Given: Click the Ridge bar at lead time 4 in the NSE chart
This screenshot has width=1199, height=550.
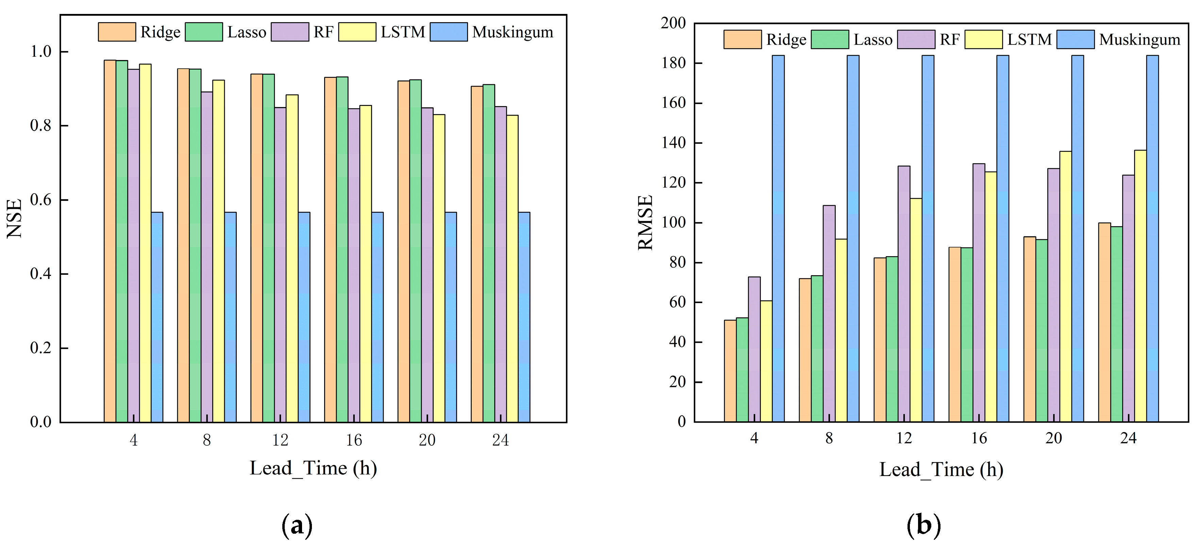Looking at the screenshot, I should (110, 242).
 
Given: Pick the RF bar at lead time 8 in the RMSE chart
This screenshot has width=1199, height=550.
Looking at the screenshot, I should (829, 314).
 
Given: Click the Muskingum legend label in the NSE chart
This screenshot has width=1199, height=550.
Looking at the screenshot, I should (513, 32).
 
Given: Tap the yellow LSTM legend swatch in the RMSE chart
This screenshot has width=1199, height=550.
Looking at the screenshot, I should (983, 39).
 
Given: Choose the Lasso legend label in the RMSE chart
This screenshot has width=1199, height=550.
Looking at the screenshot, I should (873, 39).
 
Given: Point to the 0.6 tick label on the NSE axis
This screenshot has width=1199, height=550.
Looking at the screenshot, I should (41, 200).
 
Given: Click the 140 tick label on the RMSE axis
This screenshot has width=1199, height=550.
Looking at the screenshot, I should (673, 143).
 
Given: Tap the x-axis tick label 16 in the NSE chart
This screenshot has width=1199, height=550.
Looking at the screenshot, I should (354, 440).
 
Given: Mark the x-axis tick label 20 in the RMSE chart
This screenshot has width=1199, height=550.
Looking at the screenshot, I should (1053, 438).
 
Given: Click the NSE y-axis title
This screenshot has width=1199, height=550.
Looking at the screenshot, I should (15, 218).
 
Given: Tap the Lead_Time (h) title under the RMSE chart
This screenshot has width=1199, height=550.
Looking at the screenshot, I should (941, 469).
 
